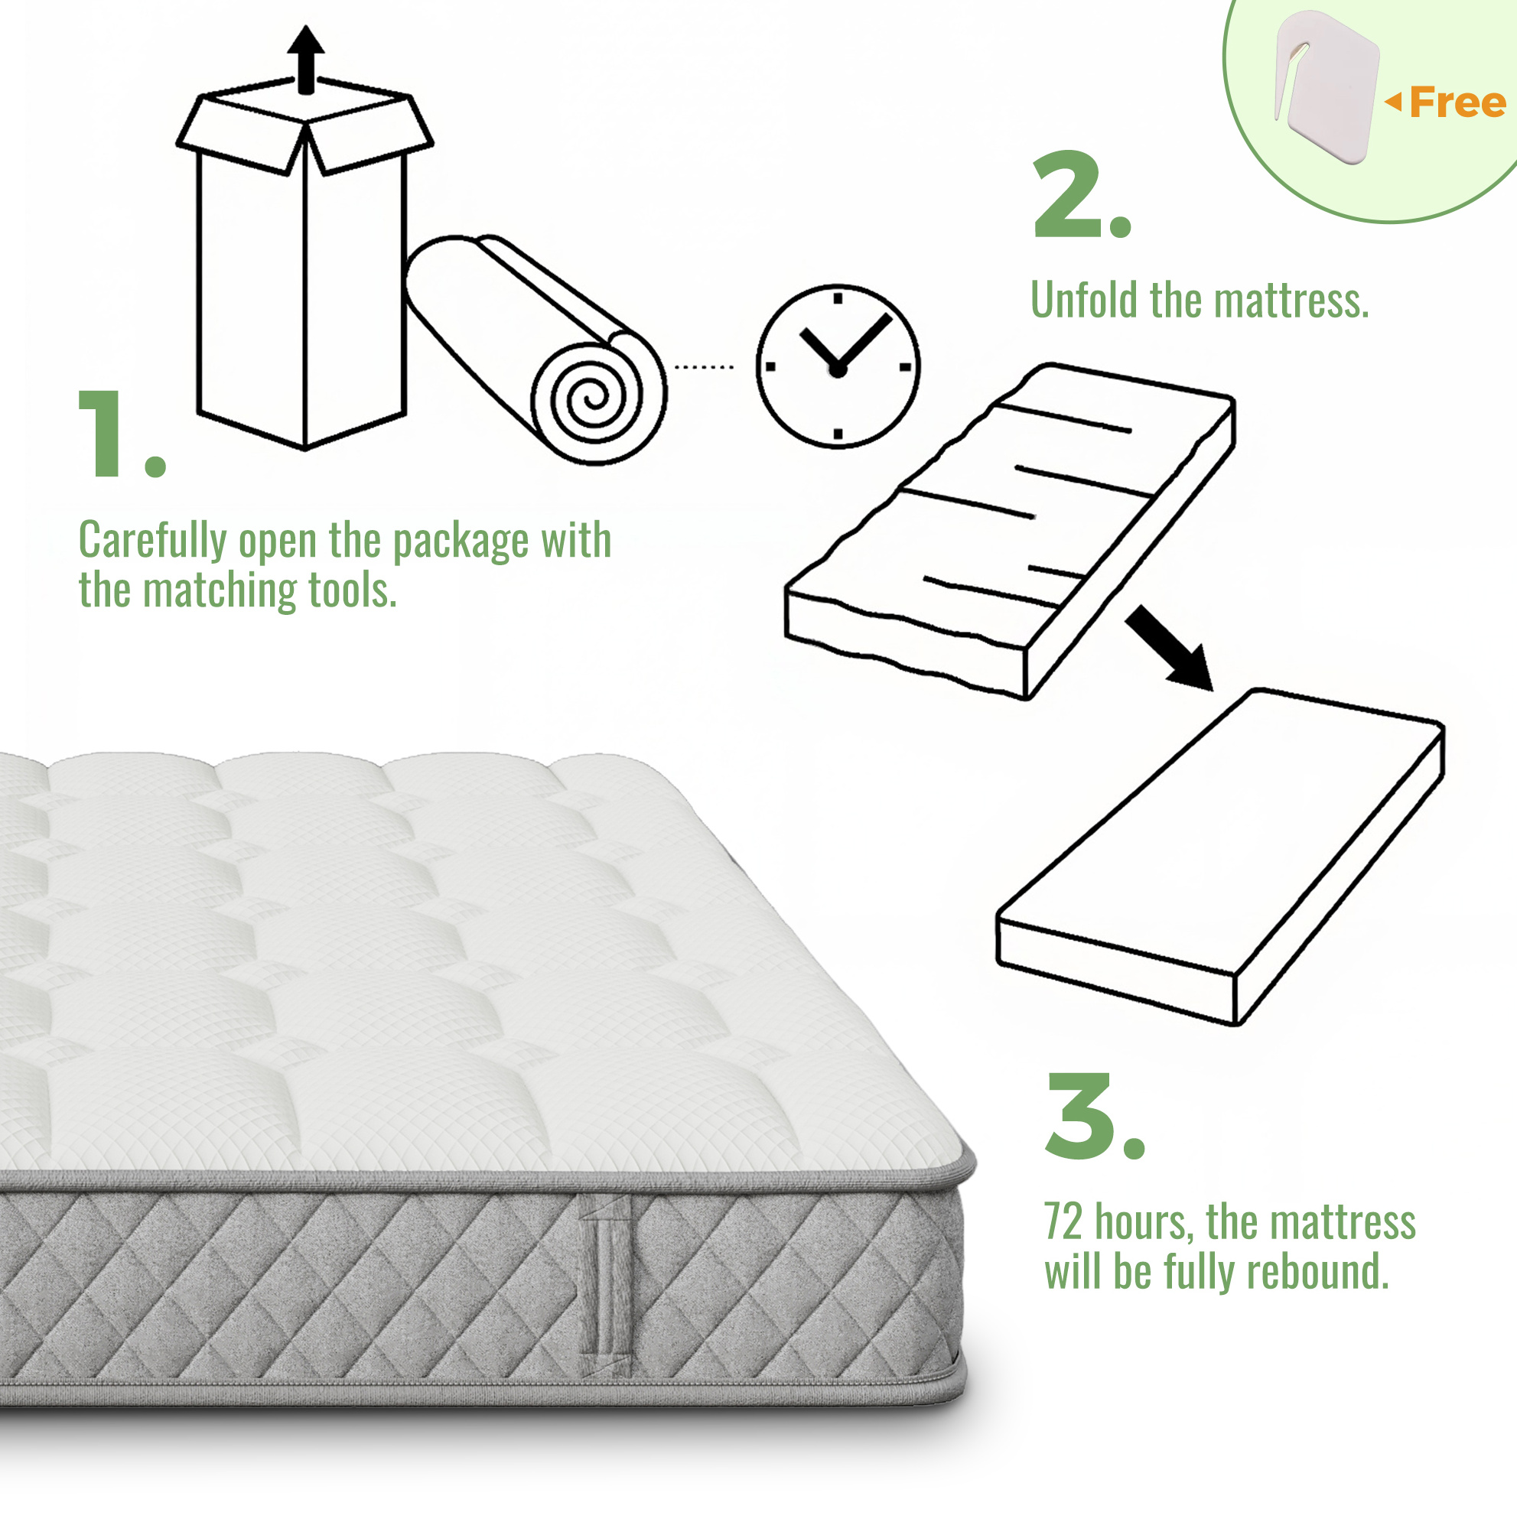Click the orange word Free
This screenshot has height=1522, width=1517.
[x=1458, y=102]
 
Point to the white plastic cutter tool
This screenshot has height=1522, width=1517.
[x=1327, y=86]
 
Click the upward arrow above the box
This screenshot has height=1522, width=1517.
[x=306, y=60]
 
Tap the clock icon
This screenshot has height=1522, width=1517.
[x=838, y=366]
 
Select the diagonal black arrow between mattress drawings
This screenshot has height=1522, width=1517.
[x=1170, y=649]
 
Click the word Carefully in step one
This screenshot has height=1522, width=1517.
[x=153, y=542]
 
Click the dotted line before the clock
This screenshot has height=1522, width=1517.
[x=705, y=367]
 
